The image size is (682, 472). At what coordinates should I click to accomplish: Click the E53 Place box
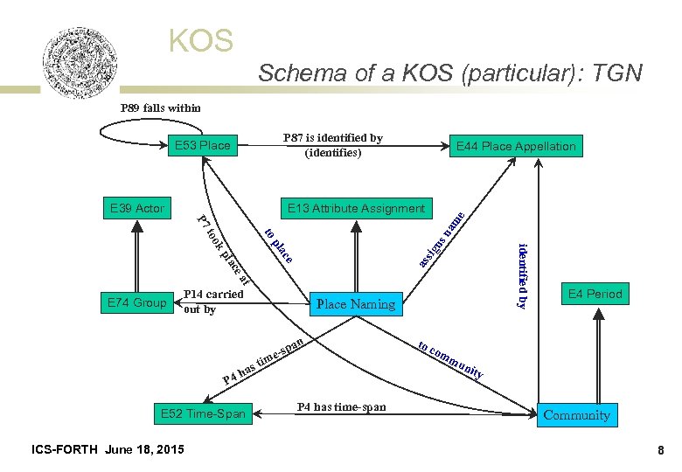[202, 145]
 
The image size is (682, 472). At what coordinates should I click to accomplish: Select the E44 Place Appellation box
[516, 146]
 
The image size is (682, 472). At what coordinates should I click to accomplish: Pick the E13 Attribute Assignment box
[356, 208]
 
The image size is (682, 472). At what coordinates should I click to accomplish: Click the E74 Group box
[137, 302]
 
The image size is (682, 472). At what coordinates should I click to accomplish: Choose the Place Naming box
[356, 304]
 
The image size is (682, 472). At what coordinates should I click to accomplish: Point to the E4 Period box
[595, 294]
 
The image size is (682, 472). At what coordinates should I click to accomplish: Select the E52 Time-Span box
[202, 413]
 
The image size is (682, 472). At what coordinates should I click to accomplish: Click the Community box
[576, 415]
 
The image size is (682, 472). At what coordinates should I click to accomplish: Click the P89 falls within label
[160, 108]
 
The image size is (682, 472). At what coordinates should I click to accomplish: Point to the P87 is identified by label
[332, 145]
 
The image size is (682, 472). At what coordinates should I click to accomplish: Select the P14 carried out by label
[213, 302]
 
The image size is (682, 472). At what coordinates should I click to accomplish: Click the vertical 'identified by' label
[522, 275]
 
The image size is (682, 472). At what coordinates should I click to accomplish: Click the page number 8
[662, 449]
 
